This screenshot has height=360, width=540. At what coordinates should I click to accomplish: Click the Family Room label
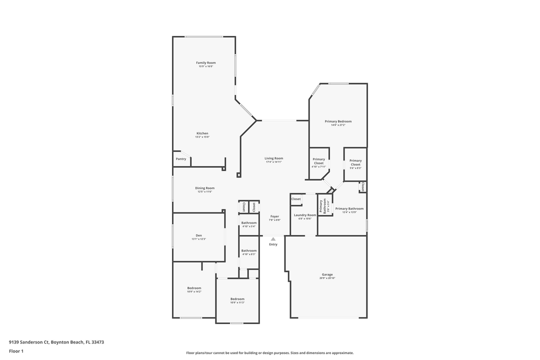tap(205, 63)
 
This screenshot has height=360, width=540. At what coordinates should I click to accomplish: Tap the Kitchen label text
tap(202, 133)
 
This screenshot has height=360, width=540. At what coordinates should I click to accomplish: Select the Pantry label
tap(181, 159)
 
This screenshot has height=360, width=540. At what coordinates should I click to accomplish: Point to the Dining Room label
tap(204, 188)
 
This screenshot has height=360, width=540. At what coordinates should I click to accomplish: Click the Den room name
tap(198, 235)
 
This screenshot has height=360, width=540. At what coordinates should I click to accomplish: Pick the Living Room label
tap(273, 158)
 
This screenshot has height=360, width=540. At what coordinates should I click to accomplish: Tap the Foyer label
tap(274, 216)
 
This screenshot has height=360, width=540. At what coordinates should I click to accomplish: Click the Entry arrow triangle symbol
tap(273, 239)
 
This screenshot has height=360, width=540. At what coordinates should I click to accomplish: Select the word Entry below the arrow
tap(273, 244)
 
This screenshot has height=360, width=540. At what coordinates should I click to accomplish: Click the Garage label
tap(327, 274)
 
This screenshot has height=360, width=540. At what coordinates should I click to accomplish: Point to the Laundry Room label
tap(305, 215)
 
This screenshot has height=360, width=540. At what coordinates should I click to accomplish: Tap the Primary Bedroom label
tap(338, 121)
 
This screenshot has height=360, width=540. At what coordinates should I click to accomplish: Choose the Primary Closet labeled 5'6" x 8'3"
tap(355, 162)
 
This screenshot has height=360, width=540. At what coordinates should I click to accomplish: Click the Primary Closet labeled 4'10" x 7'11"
tap(318, 161)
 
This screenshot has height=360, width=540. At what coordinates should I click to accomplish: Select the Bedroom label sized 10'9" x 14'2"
tap(194, 288)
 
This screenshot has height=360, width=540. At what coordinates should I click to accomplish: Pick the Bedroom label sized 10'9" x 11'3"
tap(237, 299)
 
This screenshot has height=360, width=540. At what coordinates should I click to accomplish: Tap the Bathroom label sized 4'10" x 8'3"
tap(248, 250)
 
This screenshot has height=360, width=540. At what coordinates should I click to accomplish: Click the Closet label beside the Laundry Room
tap(296, 199)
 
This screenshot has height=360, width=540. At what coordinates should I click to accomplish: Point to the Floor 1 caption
tap(16, 351)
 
